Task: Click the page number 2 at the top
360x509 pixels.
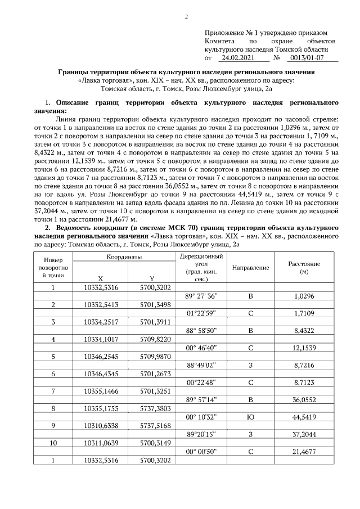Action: point(186,17)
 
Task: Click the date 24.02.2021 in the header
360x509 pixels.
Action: point(238,58)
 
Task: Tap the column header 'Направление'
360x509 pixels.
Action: point(250,267)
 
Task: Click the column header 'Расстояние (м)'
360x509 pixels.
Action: point(304,267)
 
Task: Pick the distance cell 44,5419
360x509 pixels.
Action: point(304,417)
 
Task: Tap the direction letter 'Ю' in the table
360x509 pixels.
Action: point(250,417)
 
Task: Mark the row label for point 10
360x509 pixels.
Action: point(53,443)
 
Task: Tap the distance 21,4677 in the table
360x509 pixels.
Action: point(304,452)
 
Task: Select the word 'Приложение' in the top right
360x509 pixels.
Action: point(224,33)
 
